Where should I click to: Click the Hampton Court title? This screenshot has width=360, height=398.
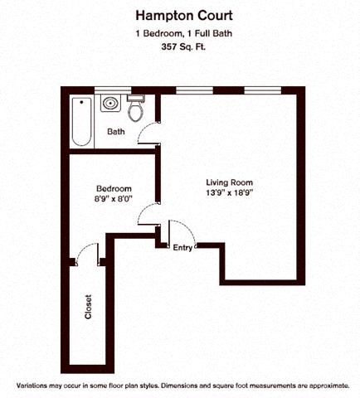179,15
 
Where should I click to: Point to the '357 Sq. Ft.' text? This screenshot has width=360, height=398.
179,46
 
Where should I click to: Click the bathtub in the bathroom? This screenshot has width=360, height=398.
81,120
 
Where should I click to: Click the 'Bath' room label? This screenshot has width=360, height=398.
116,132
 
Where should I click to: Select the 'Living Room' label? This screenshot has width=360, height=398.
229,182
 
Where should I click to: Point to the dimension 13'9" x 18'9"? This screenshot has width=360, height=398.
229,193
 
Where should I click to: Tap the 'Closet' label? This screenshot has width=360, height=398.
89,307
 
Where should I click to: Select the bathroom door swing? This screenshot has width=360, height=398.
147,133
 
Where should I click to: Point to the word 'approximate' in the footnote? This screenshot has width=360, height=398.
319,386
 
